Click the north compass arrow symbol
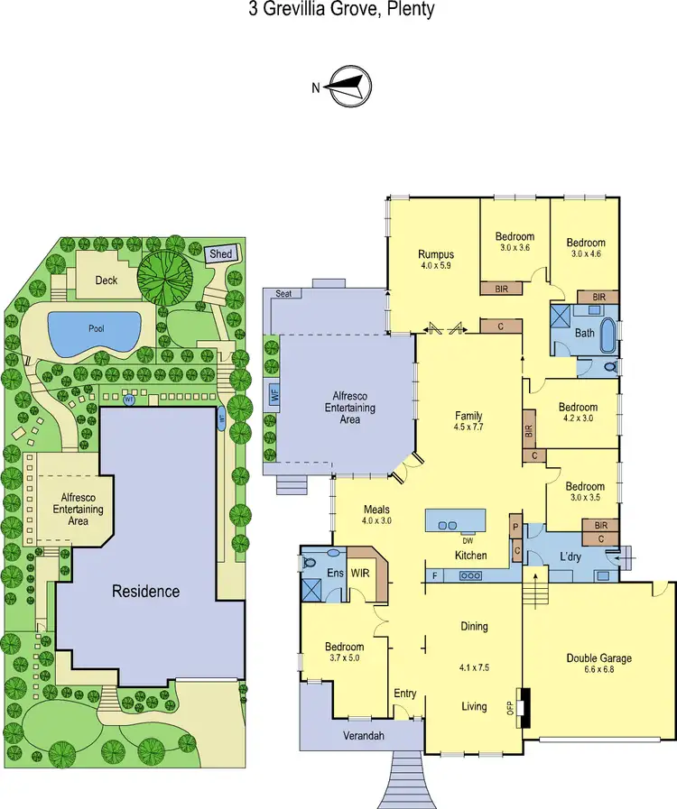tap(347, 87)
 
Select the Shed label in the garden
tap(221, 254)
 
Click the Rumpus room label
tap(435, 253)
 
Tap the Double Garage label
tap(598, 657)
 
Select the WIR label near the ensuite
tap(361, 573)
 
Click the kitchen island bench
tap(455, 522)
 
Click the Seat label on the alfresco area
tap(283, 294)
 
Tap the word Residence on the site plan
tap(145, 592)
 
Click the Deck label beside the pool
tap(107, 280)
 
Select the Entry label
tap(405, 693)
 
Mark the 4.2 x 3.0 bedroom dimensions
tap(579, 418)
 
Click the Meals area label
tap(377, 510)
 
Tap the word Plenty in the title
tap(410, 10)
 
